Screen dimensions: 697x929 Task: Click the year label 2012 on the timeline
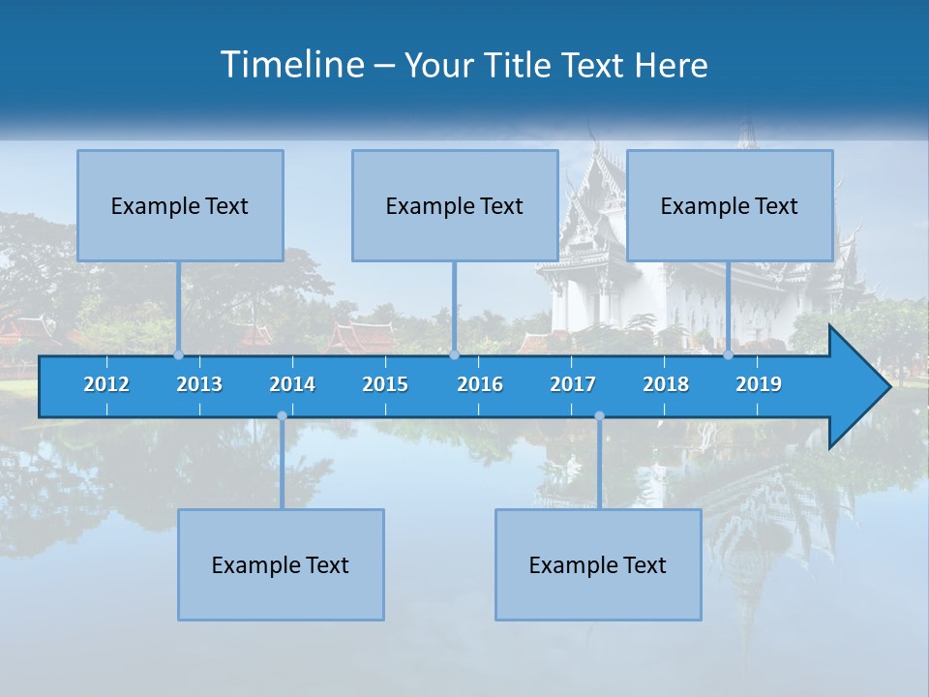[106, 384]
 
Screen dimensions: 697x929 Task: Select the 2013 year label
[199, 384]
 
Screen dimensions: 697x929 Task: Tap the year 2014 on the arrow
[292, 384]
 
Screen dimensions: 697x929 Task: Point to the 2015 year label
[385, 384]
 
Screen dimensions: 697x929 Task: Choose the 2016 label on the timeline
[480, 384]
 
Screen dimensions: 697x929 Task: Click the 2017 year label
[573, 384]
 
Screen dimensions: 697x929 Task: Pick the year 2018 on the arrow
[666, 384]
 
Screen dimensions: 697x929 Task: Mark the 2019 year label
[759, 384]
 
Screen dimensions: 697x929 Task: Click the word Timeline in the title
[290, 65]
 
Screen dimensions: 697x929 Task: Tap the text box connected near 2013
[180, 205]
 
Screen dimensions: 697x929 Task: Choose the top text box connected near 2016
[455, 205]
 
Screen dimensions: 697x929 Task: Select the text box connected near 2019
[730, 205]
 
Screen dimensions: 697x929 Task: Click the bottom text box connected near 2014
[281, 564]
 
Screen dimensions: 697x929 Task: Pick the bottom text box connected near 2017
[598, 564]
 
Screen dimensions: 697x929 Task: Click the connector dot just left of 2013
[178, 354]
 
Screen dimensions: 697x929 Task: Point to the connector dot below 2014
[282, 416]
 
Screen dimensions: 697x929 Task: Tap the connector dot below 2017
[599, 416]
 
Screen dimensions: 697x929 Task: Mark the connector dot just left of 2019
[728, 354]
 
